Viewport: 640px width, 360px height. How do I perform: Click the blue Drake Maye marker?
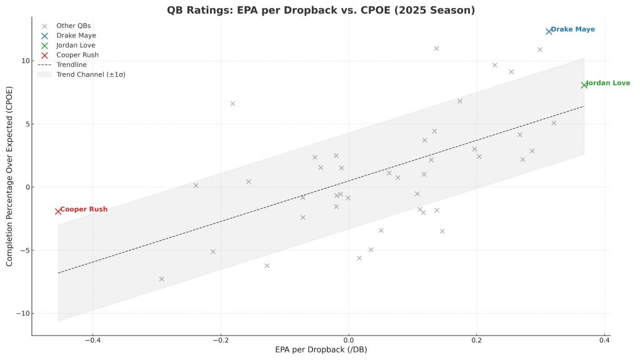[549, 31]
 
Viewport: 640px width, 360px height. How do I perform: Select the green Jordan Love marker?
[584, 85]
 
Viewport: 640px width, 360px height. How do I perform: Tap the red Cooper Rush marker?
[58, 211]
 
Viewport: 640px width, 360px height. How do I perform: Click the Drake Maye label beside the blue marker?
[572, 29]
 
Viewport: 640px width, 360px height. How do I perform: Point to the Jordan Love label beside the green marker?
[608, 83]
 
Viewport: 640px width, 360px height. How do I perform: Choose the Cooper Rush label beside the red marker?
[84, 209]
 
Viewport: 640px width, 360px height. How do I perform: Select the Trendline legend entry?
[71, 64]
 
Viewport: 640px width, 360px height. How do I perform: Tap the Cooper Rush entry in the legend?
[77, 55]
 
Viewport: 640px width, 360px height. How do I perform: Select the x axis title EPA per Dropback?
[321, 350]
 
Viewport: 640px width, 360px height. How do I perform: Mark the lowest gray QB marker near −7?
[161, 279]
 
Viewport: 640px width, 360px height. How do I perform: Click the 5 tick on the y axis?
[26, 124]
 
